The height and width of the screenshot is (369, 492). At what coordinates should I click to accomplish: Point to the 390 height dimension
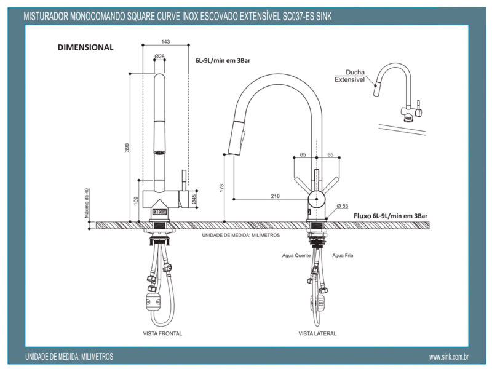click(x=128, y=148)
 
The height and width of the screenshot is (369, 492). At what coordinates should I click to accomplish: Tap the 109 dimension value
click(x=137, y=200)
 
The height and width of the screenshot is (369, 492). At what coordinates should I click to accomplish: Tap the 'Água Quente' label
click(x=296, y=255)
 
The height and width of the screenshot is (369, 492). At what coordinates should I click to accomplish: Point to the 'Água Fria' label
click(x=343, y=255)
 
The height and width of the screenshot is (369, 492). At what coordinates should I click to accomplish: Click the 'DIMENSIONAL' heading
click(x=85, y=47)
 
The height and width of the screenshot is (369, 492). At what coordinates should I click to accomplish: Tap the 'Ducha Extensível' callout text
click(x=351, y=76)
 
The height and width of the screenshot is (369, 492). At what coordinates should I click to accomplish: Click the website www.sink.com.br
click(x=449, y=357)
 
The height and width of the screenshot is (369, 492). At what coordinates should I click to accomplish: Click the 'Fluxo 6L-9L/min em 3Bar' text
click(x=391, y=216)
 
